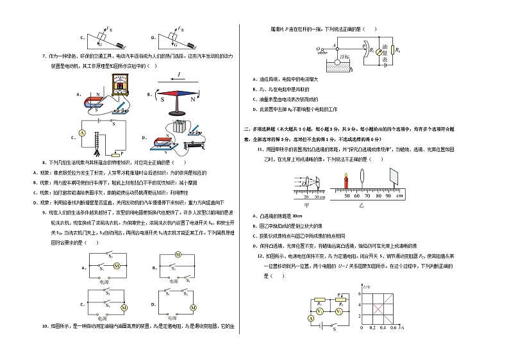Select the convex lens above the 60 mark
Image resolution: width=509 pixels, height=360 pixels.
coord(363,177)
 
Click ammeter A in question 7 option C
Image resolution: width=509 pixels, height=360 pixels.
coord(82,132)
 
